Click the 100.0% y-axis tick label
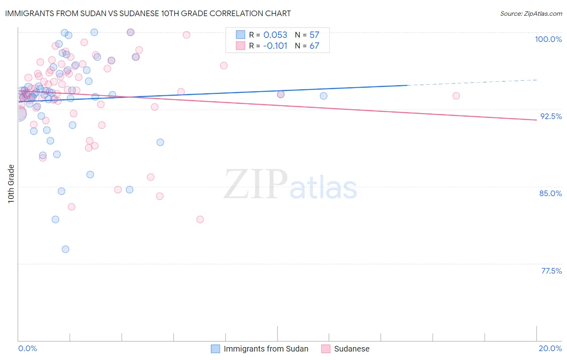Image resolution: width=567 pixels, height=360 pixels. pyautogui.click(x=548, y=39)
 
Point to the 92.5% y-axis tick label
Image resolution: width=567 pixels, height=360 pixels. pyautogui.click(x=551, y=116)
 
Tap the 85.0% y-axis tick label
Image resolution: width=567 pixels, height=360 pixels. pyautogui.click(x=550, y=193)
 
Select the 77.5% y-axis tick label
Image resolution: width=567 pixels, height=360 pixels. pyautogui.click(x=551, y=271)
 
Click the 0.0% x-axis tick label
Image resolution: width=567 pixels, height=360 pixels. pyautogui.click(x=27, y=348)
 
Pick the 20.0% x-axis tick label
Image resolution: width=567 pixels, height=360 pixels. pyautogui.click(x=550, y=348)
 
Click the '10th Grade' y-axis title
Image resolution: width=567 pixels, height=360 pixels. pyautogui.click(x=11, y=184)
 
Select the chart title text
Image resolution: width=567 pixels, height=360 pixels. pyautogui.click(x=148, y=13)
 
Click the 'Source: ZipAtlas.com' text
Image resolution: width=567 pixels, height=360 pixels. pyautogui.click(x=531, y=13)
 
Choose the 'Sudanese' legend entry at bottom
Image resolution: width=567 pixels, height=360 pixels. pyautogui.click(x=352, y=349)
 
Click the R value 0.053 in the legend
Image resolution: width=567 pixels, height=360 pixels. pyautogui.click(x=275, y=35)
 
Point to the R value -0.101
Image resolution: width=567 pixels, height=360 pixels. pyautogui.click(x=275, y=46)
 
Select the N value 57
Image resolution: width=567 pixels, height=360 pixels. pyautogui.click(x=314, y=35)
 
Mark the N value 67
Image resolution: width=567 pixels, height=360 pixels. pyautogui.click(x=314, y=46)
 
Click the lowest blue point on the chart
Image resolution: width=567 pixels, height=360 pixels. pyautogui.click(x=65, y=249)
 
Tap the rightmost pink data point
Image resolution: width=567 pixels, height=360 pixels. pyautogui.click(x=456, y=96)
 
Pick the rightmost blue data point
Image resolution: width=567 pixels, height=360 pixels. pyautogui.click(x=323, y=96)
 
